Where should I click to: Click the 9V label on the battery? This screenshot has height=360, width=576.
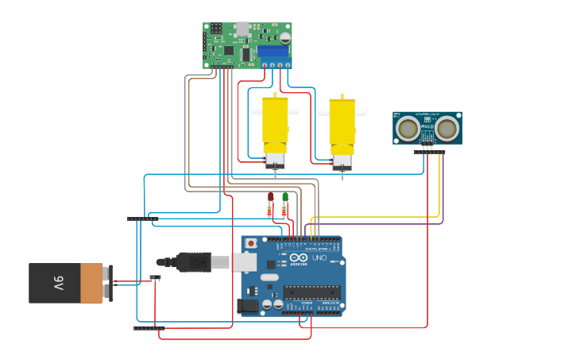coord(58,283)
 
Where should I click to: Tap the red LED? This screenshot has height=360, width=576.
coord(270,196)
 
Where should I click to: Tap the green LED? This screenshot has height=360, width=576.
coord(285,197)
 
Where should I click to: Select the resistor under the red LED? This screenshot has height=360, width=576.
coord(270,211)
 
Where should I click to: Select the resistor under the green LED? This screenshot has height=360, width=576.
coord(285,211)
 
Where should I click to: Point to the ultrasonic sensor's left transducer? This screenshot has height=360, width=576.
coord(408,127)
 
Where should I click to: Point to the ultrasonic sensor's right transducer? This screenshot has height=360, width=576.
coord(446,127)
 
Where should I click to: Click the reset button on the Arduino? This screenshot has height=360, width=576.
coord(251,243)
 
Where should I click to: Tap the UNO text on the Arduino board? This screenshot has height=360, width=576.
coord(319,257)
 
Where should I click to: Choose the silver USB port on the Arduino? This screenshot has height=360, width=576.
coord(245,261)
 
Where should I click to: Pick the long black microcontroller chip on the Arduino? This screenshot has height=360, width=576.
coord(311,292)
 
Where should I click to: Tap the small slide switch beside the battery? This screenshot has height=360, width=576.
coord(156,277)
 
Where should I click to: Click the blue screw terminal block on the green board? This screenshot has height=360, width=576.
coord(273,50)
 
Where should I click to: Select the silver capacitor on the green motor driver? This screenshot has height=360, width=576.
coord(284,36)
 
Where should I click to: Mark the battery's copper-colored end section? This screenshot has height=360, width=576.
coord(92,283)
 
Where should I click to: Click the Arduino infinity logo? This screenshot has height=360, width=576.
coord(297,257)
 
